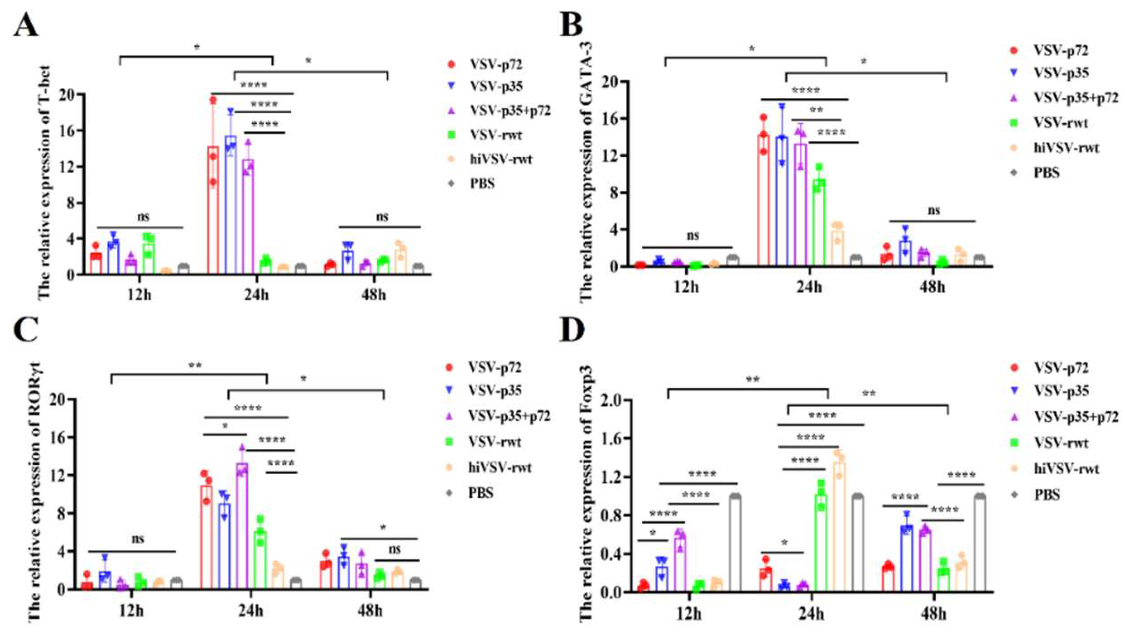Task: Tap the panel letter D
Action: pyautogui.click(x=572, y=329)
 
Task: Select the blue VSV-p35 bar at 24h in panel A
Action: pyautogui.click(x=231, y=205)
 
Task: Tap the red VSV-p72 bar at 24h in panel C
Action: pyautogui.click(x=206, y=538)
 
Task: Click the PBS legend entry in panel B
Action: pyautogui.click(x=1046, y=172)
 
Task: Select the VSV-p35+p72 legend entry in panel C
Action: pyautogui.click(x=509, y=416)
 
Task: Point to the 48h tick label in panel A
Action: pyautogui.click(x=373, y=295)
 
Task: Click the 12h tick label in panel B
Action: pyautogui.click(x=686, y=287)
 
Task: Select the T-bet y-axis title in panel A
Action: pyautogui.click(x=44, y=183)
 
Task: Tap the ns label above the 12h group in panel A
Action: pyautogui.click(x=143, y=217)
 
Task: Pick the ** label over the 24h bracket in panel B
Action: pyautogui.click(x=816, y=110)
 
